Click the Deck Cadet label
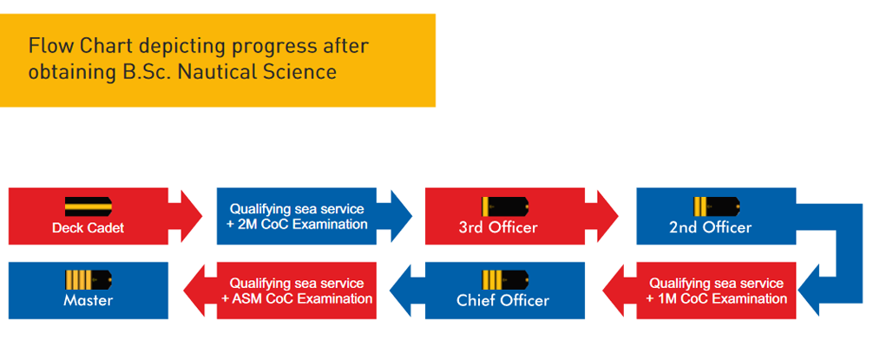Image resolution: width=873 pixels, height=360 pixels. pyautogui.click(x=88, y=228)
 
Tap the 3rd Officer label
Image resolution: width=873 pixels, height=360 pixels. pyautogui.click(x=497, y=228)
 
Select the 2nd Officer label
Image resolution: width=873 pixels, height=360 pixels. pyautogui.click(x=709, y=228)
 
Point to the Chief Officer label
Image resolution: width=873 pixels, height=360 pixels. pyautogui.click(x=502, y=300)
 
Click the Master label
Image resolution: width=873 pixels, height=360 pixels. pyautogui.click(x=88, y=300)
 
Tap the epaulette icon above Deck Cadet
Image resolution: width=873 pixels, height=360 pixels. pyautogui.click(x=88, y=206)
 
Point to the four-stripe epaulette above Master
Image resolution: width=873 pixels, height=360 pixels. pyautogui.click(x=88, y=279)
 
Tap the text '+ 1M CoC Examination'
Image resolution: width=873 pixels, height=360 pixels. pyautogui.click(x=716, y=298)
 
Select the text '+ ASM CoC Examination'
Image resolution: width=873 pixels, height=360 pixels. pyautogui.click(x=297, y=298)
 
